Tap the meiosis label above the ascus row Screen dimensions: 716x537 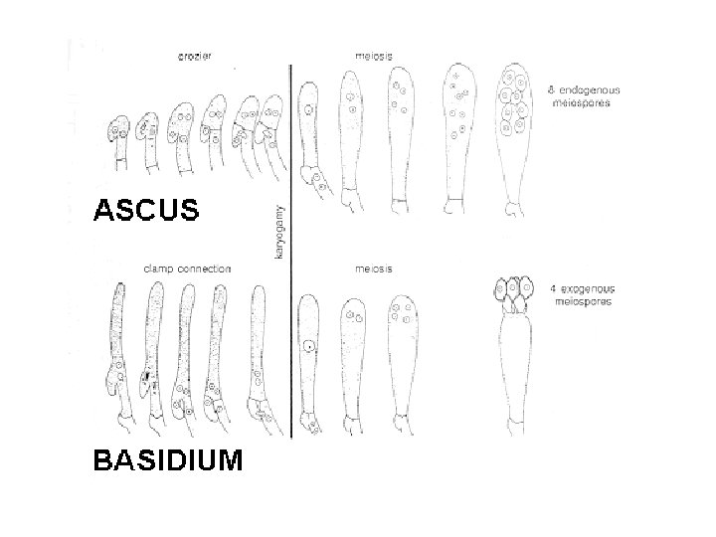click(373, 56)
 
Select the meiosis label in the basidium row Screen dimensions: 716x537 click(373, 268)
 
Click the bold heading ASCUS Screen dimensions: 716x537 click(146, 210)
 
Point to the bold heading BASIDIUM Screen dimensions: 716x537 click(167, 460)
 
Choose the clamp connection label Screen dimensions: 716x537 click(188, 268)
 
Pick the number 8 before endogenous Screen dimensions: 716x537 click(553, 90)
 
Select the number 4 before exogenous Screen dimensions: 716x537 click(553, 287)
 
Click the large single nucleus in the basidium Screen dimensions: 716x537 click(311, 348)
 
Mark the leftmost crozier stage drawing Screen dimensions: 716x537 click(119, 139)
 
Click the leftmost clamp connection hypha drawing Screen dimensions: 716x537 click(116, 358)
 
